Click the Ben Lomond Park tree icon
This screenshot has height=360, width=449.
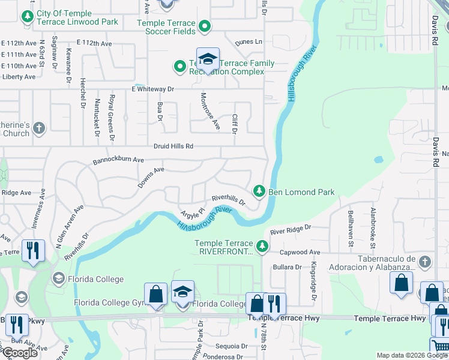(259, 191)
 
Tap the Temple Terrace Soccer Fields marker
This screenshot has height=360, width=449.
(205, 26)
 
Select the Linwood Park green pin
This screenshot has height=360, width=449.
(27, 17)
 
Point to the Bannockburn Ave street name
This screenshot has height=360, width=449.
(118, 161)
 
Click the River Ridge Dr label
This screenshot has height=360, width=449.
(291, 229)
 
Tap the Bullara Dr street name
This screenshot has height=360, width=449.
(287, 267)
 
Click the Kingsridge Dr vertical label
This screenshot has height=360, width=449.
(313, 281)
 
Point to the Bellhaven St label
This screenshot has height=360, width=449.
(350, 228)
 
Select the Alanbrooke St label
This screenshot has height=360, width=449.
(373, 228)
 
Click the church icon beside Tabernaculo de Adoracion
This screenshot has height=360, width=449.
(424, 262)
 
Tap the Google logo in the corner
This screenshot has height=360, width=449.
(20, 353)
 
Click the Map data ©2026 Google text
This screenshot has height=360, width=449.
(411, 355)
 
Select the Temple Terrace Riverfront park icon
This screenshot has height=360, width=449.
(262, 246)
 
